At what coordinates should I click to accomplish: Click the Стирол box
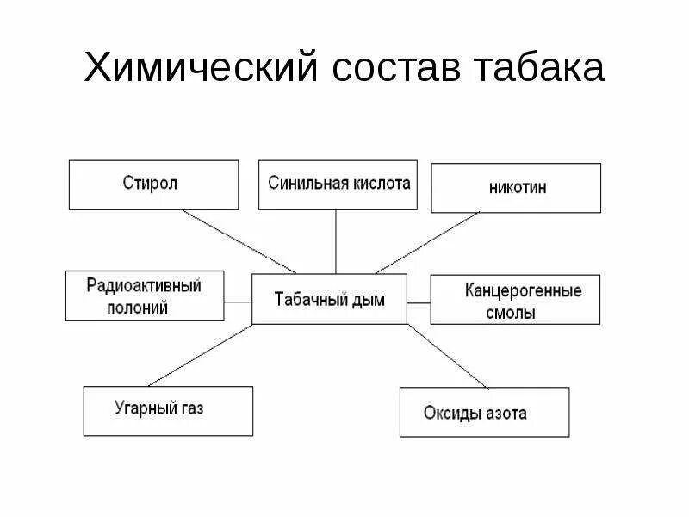(x=153, y=184)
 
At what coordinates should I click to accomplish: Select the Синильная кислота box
(x=338, y=184)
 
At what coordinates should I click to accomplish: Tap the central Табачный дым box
(x=329, y=300)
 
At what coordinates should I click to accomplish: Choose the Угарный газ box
(x=169, y=410)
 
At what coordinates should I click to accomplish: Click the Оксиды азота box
(x=484, y=413)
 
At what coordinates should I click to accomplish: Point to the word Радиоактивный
(x=144, y=286)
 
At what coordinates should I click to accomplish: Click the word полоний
(x=139, y=308)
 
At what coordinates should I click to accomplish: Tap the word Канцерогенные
(x=523, y=290)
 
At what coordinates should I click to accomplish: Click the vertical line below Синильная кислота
(x=336, y=241)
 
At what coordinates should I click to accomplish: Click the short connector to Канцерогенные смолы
(x=419, y=302)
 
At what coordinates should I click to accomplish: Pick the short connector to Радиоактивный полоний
(x=238, y=300)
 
